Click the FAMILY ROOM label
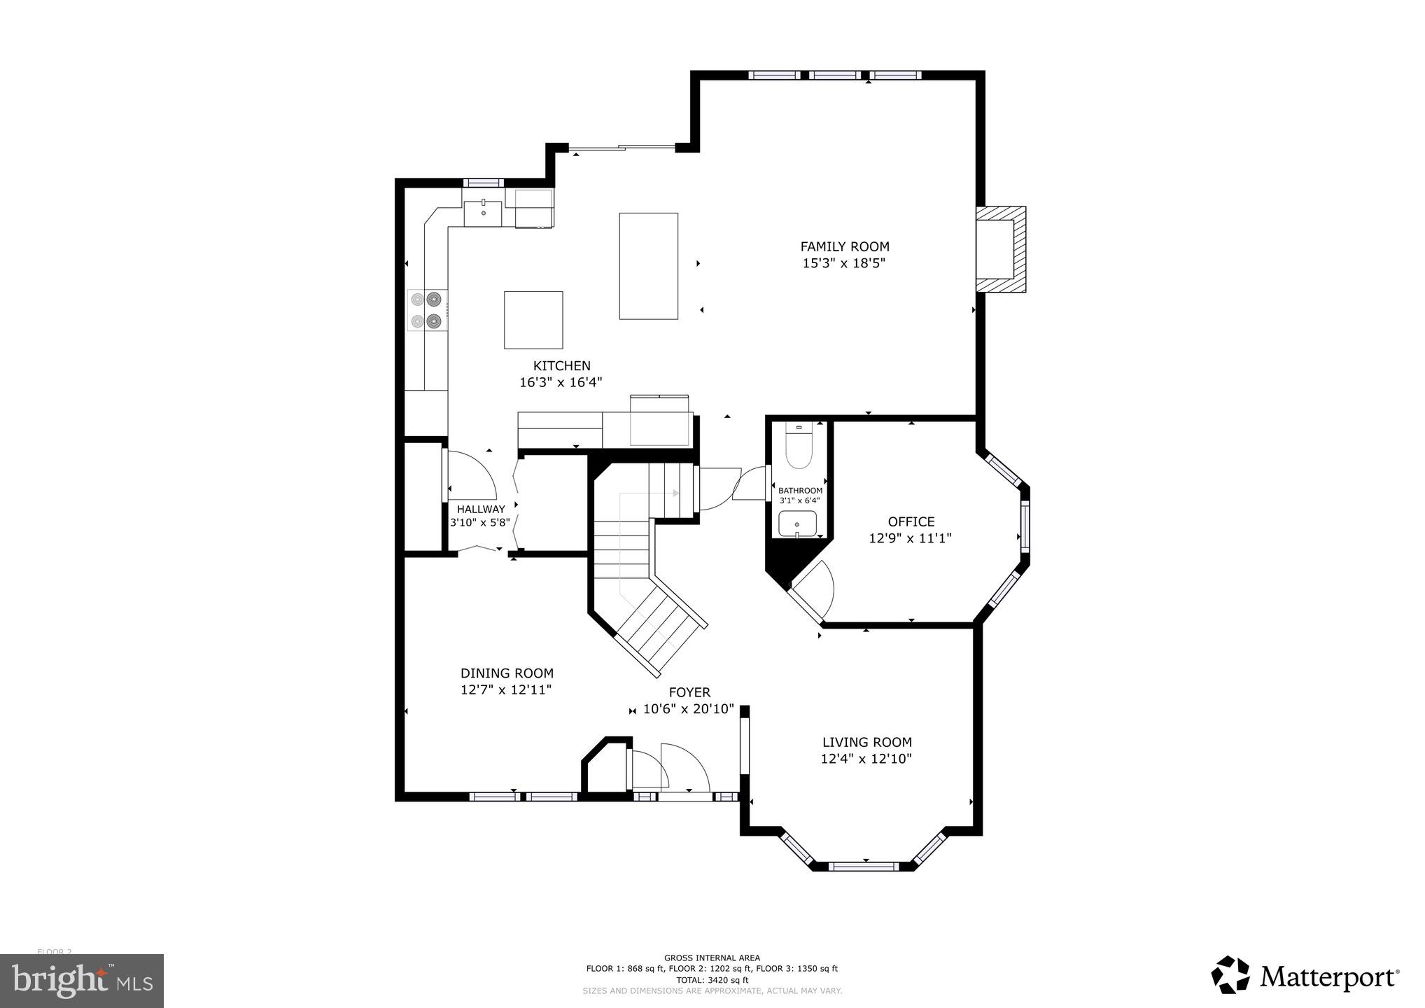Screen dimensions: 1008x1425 point(844,246)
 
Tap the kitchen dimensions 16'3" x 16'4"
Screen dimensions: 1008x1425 point(560,382)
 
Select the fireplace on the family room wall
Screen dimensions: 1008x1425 point(1002,249)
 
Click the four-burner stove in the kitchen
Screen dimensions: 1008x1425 point(427,310)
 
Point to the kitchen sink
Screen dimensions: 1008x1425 point(483,212)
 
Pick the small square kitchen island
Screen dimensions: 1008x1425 point(533,320)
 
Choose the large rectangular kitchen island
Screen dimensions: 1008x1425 point(648,266)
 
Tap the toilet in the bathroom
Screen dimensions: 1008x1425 point(798,448)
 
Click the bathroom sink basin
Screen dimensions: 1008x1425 point(797,523)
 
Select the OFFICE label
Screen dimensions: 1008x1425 point(911,521)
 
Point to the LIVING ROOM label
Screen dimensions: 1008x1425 point(866,742)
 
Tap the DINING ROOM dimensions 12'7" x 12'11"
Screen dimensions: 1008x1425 point(506,689)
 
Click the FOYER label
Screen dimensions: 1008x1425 point(689,692)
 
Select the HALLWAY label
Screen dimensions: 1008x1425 point(481,510)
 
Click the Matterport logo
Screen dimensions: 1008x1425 point(1305,975)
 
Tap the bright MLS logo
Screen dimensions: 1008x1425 point(82,981)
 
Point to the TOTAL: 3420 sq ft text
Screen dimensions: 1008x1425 point(712,980)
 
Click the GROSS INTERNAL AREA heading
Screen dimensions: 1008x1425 point(712,958)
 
